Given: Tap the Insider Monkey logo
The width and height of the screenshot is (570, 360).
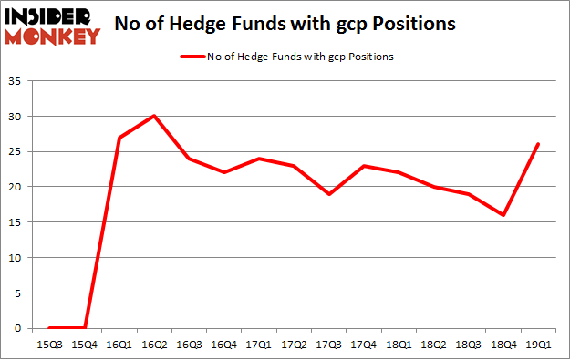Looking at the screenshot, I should tap(52, 25).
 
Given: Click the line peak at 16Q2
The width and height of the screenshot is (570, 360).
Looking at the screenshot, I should tap(154, 116).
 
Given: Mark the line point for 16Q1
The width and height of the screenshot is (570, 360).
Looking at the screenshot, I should tap(119, 138).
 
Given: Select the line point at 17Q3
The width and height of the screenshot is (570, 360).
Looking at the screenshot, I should tap(330, 194).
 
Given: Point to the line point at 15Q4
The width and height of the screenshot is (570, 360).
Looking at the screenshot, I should tap(84, 327).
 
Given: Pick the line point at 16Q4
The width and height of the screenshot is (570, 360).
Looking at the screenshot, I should tap(225, 172).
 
